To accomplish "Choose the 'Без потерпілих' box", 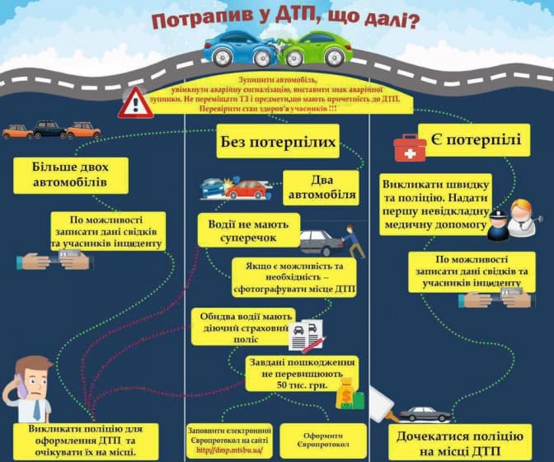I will click(278, 142).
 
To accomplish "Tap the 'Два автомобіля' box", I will click(322, 186).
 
